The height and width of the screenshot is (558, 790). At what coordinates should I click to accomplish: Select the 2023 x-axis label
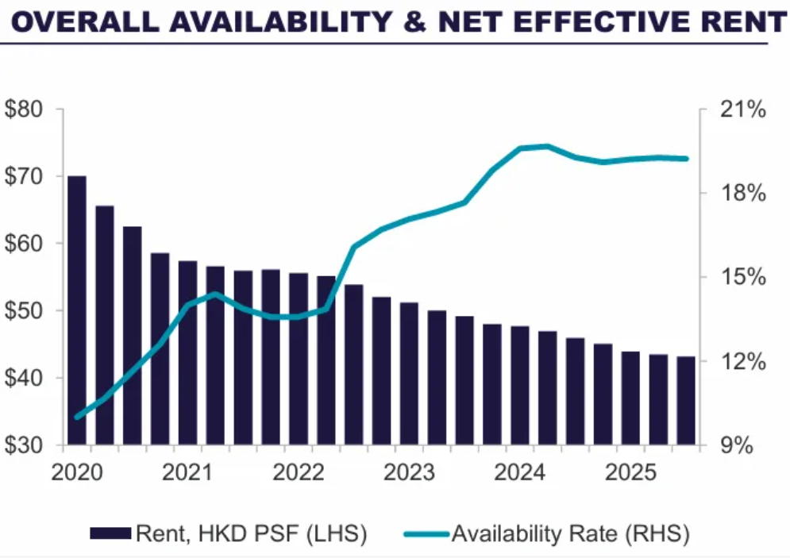(410, 473)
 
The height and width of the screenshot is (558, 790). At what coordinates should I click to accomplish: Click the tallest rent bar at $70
(77, 310)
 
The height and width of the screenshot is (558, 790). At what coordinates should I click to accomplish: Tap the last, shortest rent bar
(686, 401)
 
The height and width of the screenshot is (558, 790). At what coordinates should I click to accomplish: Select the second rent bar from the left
(105, 325)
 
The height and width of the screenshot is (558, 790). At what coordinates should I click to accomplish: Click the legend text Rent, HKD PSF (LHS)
(252, 533)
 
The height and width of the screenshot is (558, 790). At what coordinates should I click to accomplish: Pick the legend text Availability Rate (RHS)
(570, 533)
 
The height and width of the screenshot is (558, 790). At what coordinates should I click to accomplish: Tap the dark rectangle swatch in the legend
(111, 533)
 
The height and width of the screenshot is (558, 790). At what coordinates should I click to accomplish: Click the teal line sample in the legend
(429, 533)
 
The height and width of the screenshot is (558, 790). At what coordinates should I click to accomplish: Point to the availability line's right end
(686, 159)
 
